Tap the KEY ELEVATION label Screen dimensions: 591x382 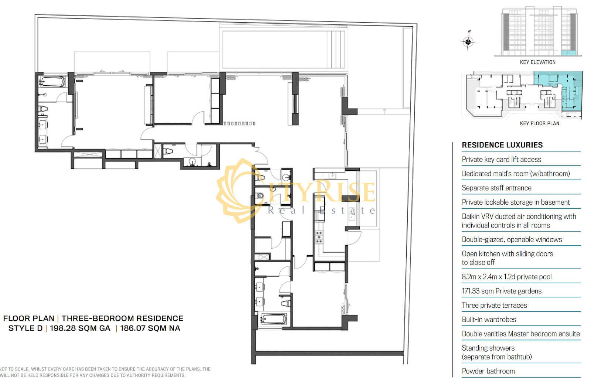(537, 62)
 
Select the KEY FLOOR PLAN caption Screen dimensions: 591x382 (539, 123)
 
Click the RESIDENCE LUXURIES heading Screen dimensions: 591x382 (502, 145)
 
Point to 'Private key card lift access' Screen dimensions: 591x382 (501, 159)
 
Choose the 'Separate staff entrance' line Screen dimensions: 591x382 (496, 188)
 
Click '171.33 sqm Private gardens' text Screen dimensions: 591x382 (502, 291)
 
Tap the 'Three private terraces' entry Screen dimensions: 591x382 (494, 305)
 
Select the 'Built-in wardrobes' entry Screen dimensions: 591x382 (489, 320)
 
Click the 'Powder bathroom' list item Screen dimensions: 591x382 (488, 371)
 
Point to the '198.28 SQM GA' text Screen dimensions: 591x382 (80, 328)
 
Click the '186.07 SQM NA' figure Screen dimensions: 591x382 (150, 328)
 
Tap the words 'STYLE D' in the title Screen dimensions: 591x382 (25, 328)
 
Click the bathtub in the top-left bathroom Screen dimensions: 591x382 (52, 82)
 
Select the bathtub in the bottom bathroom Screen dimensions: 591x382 (273, 319)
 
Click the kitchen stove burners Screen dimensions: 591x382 (319, 237)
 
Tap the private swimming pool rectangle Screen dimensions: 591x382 (284, 50)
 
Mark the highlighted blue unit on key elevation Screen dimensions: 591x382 (568, 53)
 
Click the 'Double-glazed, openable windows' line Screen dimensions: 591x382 (512, 239)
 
